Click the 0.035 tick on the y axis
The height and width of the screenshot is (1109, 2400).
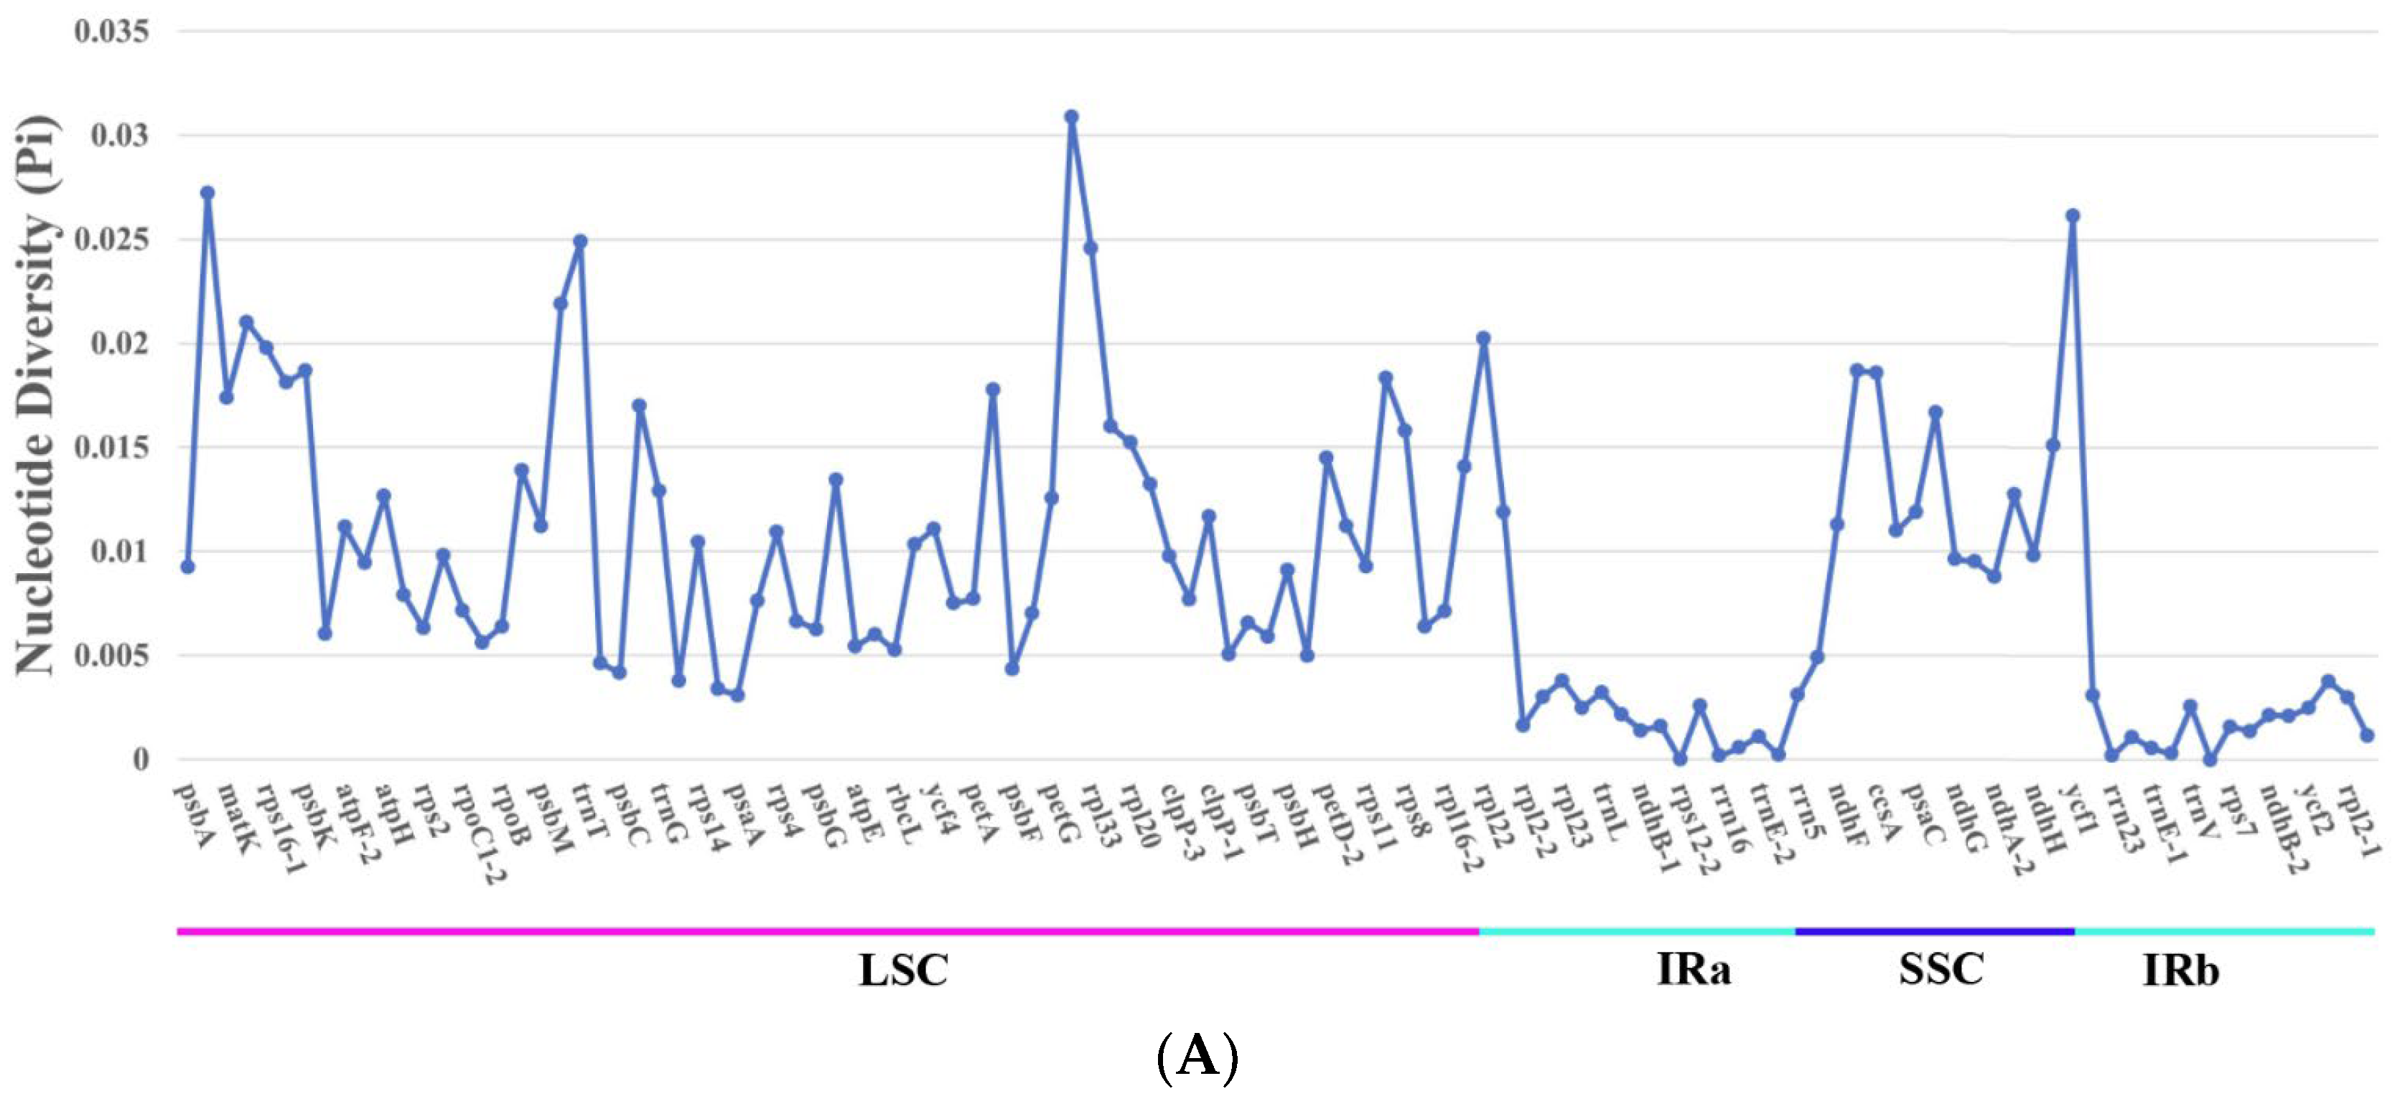click(x=112, y=32)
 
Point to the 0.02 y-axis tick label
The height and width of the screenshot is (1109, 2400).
click(x=119, y=344)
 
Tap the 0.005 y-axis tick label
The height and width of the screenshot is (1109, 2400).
click(x=112, y=656)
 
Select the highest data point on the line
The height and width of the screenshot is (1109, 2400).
click(x=1071, y=118)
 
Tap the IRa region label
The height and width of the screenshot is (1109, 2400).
click(x=1694, y=969)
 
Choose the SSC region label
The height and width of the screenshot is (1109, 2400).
click(x=1942, y=969)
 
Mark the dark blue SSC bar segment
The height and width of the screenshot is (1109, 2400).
click(x=1934, y=931)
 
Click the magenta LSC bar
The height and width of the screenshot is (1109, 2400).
click(x=827, y=931)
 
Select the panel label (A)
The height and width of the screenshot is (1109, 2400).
click(x=1197, y=1057)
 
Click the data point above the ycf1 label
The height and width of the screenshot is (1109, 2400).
click(x=2072, y=216)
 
